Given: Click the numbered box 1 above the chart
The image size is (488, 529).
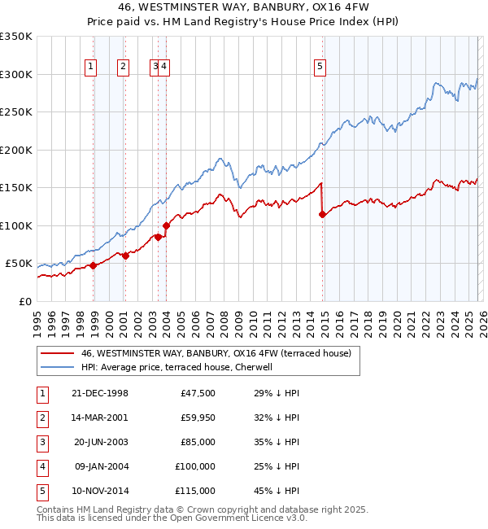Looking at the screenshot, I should (89, 67).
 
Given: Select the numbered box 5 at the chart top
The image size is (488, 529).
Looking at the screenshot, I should (320, 67).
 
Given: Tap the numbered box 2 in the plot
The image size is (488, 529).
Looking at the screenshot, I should (122, 67).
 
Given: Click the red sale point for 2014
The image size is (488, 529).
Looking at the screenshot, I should (322, 215).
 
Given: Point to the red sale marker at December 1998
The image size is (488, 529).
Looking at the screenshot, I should (94, 265).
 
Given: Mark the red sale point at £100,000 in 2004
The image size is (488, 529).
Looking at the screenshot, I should (166, 225).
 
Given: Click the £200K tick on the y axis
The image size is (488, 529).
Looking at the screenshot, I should (16, 150).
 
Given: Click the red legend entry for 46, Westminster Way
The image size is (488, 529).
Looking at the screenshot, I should (216, 353).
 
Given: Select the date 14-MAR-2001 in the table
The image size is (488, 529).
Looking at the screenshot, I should (100, 418).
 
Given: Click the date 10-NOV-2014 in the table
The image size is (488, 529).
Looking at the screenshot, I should (100, 491).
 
